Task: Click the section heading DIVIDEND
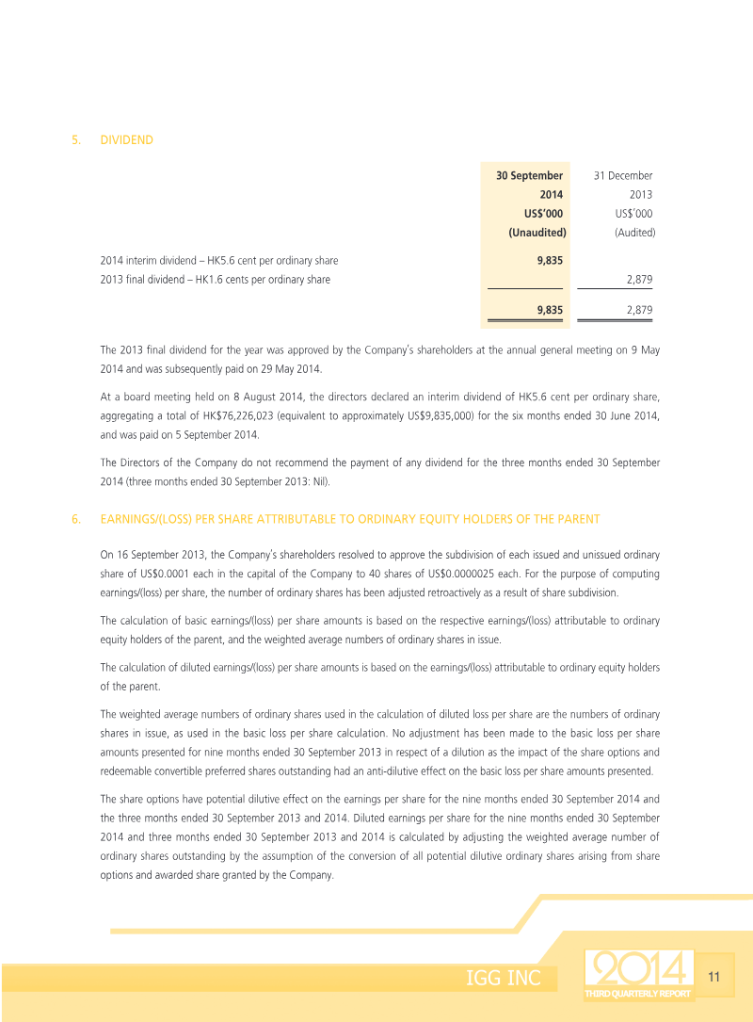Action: pos(126,140)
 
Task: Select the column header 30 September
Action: pos(529,175)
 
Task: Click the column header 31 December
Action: pos(622,175)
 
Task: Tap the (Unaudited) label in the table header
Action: pos(537,232)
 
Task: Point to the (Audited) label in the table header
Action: pos(634,232)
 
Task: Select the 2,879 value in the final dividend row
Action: pos(639,280)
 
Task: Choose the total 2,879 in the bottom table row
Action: pos(639,309)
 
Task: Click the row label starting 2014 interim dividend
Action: pos(218,260)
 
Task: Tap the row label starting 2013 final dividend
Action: pos(215,280)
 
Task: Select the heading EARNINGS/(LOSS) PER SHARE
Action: pos(349,519)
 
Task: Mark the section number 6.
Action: pos(75,519)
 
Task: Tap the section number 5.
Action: pos(75,140)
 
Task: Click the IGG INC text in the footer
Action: pos(504,979)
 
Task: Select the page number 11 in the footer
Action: pos(713,978)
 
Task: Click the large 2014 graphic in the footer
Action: pos(638,968)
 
